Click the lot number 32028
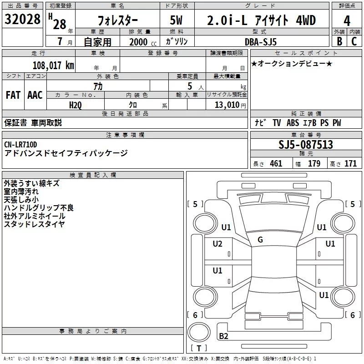[22, 19]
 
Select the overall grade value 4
[347, 20]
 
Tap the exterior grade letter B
[339, 41]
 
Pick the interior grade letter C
[354, 41]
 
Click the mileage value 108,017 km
[53, 66]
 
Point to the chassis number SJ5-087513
[306, 144]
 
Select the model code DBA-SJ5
[261, 42]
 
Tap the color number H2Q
[76, 105]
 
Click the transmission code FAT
[13, 95]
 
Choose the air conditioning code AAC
[35, 95]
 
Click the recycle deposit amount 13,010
[227, 105]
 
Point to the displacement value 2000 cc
[143, 42]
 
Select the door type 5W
[176, 20]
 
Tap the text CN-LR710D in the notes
[20, 145]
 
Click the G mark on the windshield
[260, 240]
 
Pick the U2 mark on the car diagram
[217, 244]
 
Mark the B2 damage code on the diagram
[223, 336]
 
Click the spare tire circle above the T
[199, 333]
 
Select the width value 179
[314, 163]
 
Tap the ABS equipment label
[293, 123]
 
